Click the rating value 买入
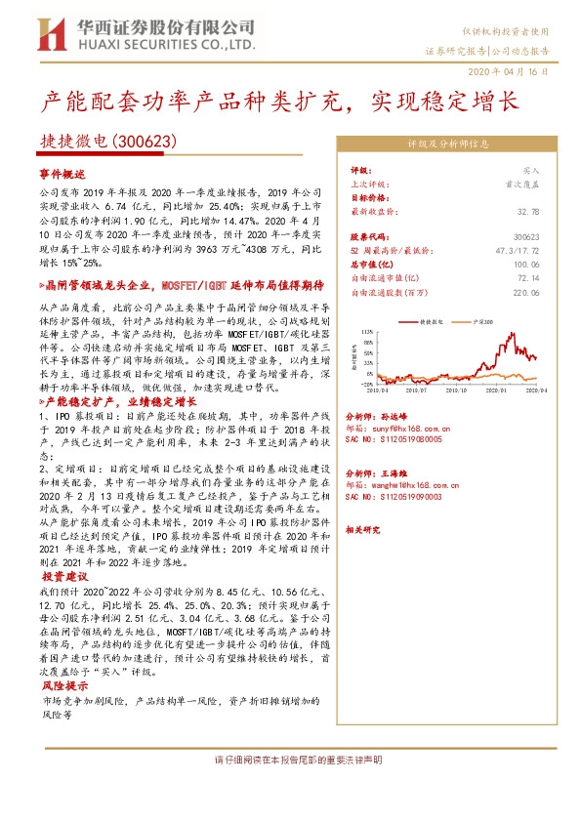(x=532, y=170)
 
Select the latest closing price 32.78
(x=528, y=211)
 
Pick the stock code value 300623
(x=525, y=237)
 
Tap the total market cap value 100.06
(x=525, y=265)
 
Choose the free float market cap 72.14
(x=528, y=278)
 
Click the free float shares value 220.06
(x=525, y=292)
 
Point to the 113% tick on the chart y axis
(x=368, y=332)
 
